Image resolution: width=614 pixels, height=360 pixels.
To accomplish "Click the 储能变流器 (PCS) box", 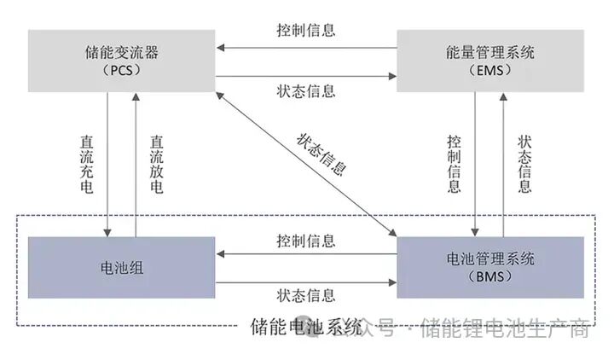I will (122, 61).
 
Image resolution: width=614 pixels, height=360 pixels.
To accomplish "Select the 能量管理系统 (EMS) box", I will (491, 61).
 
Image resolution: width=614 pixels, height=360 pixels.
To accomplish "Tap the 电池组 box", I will (122, 268).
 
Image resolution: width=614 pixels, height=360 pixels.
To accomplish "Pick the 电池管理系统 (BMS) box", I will (491, 267).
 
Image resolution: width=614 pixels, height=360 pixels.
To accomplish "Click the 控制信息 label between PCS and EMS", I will (306, 30).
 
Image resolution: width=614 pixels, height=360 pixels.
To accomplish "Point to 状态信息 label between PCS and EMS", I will (306, 90).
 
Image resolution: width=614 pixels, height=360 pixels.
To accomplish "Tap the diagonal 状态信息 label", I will (321, 154).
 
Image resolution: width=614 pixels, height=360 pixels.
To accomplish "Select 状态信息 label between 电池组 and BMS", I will (306, 295).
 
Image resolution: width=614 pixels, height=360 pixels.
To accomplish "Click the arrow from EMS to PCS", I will (306, 48).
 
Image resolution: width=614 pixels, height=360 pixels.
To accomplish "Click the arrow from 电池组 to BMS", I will (306, 281).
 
